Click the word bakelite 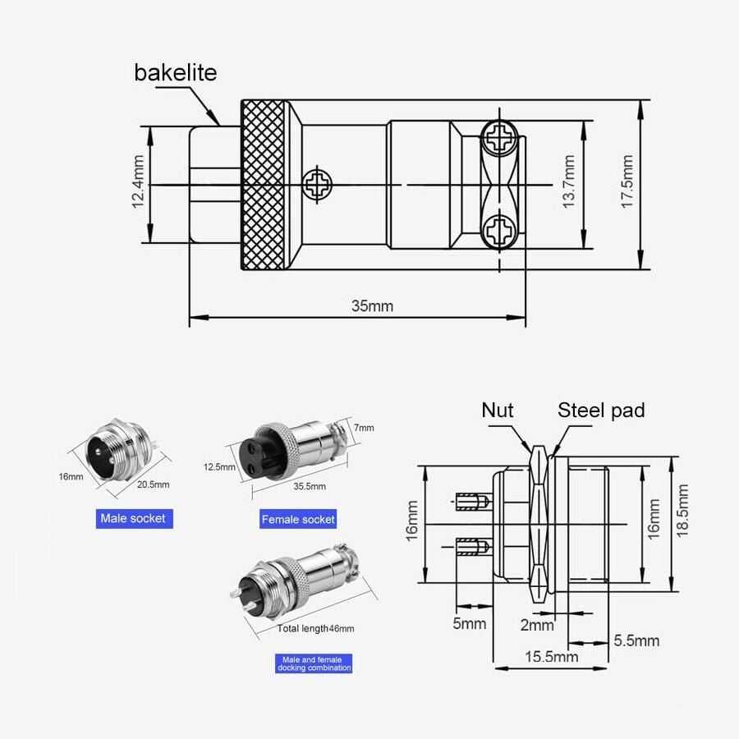[175, 72]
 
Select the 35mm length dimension [372, 306]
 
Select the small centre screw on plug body [315, 184]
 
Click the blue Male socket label [133, 518]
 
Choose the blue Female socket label [298, 519]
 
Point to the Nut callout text [498, 410]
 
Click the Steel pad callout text [601, 410]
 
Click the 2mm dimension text [537, 625]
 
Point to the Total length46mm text [315, 628]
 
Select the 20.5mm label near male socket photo [154, 484]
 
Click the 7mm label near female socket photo [365, 427]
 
